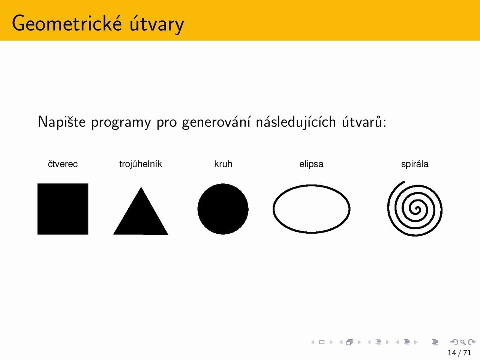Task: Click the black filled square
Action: [63, 209]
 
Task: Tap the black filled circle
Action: [223, 209]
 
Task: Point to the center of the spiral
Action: [417, 209]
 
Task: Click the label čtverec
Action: [63, 164]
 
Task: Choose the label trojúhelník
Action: [141, 164]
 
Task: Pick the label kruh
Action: [223, 164]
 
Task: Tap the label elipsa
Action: [311, 164]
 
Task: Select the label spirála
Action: [415, 164]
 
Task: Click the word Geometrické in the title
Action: [67, 23]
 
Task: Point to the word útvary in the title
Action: [157, 24]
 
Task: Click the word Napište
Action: [61, 122]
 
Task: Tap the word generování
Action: [216, 122]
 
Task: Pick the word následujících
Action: [296, 122]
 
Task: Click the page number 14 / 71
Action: [459, 352]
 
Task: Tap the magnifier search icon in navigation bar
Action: [463, 342]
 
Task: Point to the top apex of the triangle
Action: [141, 187]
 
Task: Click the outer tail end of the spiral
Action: [404, 181]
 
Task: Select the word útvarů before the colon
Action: [362, 121]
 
